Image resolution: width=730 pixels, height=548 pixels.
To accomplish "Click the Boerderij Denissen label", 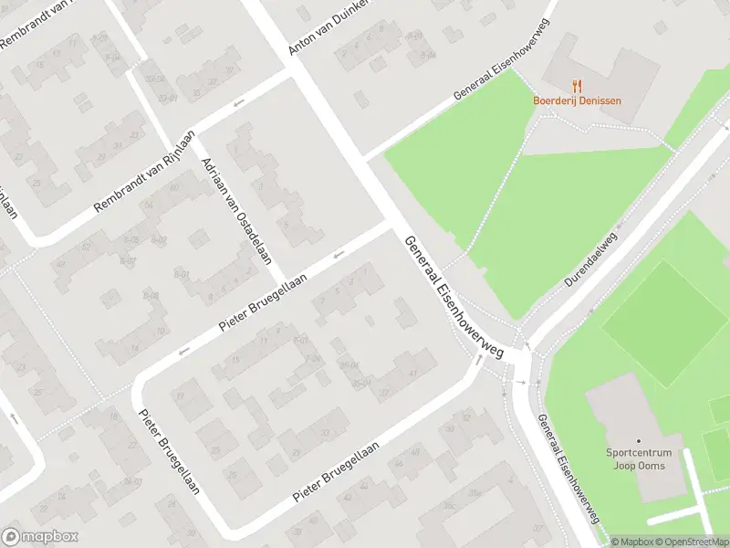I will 577,100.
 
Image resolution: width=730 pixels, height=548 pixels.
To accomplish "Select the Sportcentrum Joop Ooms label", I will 639,459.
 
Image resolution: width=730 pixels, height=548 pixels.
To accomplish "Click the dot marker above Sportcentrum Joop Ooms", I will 639,441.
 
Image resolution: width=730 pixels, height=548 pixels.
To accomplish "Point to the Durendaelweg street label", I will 590,259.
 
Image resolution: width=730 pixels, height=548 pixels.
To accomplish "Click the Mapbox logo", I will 40,537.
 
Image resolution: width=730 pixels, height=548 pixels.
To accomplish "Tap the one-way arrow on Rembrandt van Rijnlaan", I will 239,102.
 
